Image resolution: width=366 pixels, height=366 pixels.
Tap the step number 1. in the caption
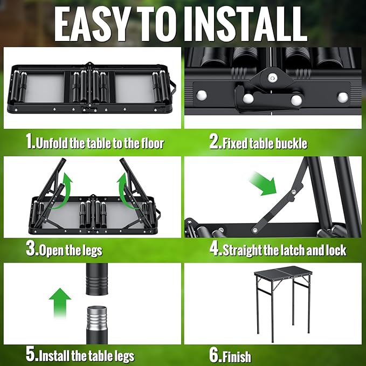[31, 142]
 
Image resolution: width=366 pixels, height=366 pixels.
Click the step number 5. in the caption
[32, 355]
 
